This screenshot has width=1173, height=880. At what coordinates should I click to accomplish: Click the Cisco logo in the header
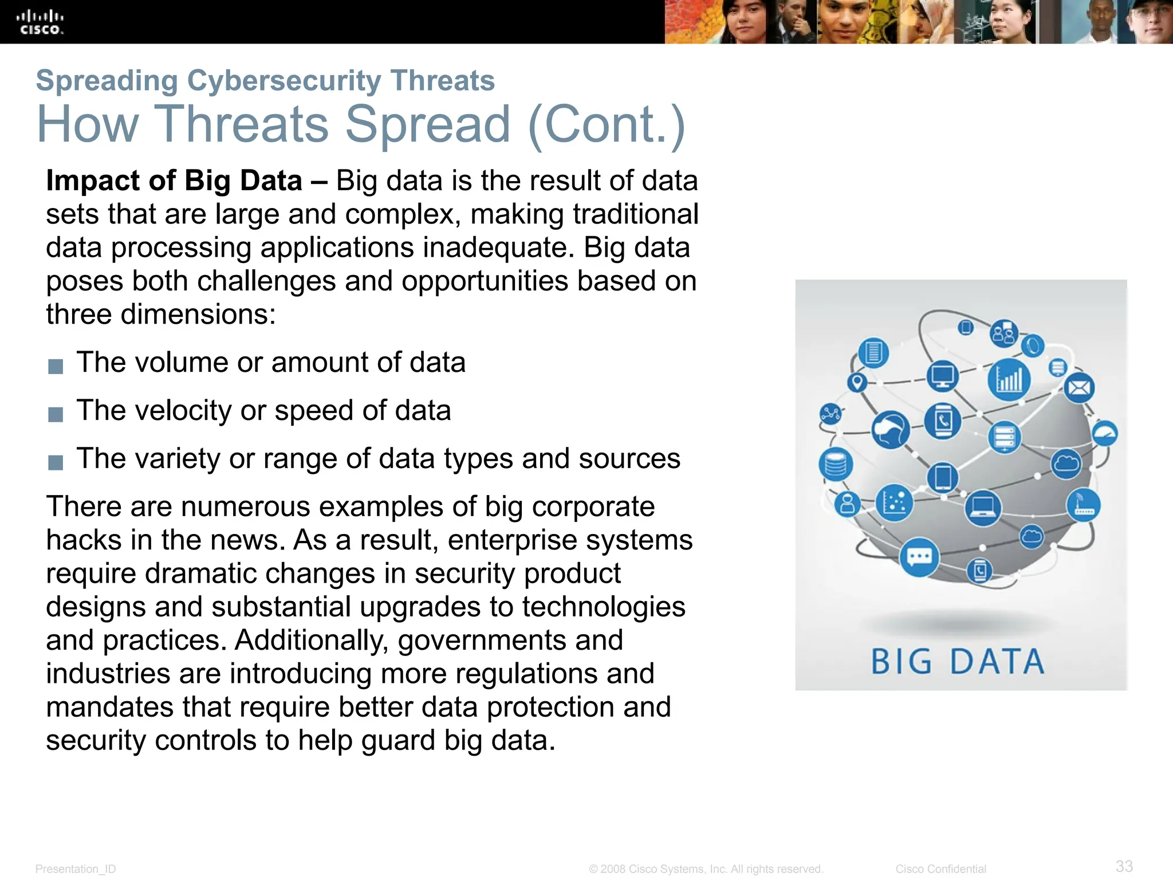pyautogui.click(x=40, y=22)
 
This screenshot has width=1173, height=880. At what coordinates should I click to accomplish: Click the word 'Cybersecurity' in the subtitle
pyautogui.click(x=284, y=80)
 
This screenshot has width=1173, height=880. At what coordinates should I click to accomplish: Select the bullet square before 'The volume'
pyautogui.click(x=56, y=366)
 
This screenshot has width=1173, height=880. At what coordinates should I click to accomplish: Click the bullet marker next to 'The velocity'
pyautogui.click(x=56, y=414)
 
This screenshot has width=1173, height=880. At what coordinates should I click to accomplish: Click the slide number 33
pyautogui.click(x=1124, y=866)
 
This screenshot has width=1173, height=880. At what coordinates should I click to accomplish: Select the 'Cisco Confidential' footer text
pyautogui.click(x=940, y=869)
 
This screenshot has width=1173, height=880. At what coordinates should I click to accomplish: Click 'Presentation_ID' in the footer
pyautogui.click(x=76, y=869)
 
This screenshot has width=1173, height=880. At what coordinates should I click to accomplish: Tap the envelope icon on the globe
pyautogui.click(x=1079, y=388)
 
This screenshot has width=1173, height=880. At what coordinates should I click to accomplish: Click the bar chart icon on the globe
pyautogui.click(x=1009, y=379)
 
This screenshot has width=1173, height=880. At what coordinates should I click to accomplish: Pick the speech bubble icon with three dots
pyautogui.click(x=919, y=557)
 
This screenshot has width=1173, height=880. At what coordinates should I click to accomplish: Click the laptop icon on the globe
pyautogui.click(x=983, y=507)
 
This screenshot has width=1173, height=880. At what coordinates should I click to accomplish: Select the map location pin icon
pyautogui.click(x=857, y=382)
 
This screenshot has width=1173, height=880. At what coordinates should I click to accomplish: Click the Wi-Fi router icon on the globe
pyautogui.click(x=1083, y=505)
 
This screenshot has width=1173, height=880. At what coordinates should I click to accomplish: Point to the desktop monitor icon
pyautogui.click(x=942, y=376)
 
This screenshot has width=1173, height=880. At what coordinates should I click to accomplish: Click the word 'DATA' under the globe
pyautogui.click(x=997, y=662)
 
